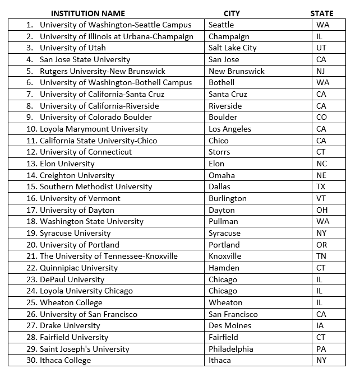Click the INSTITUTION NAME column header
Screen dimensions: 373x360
[88, 13]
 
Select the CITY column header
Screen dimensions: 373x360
[232, 13]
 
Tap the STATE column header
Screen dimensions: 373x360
[322, 13]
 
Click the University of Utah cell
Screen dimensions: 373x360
[73, 48]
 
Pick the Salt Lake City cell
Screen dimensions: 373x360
[232, 48]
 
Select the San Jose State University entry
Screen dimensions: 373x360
[85, 59]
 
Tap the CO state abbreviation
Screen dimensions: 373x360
[322, 117]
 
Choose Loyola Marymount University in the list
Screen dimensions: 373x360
[94, 129]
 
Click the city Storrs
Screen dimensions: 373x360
[219, 152]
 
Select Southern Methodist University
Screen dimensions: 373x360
[96, 186]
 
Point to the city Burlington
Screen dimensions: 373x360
[227, 198]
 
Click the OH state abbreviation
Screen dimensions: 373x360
[322, 210]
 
